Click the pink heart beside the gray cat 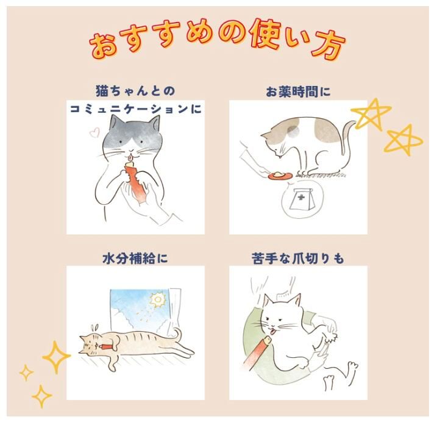94,132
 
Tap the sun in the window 158,300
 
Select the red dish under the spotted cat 280,176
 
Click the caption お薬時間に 298,92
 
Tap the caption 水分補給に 135,259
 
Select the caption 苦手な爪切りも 298,259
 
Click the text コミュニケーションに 136,109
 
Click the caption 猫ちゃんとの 135,91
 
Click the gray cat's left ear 115,123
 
